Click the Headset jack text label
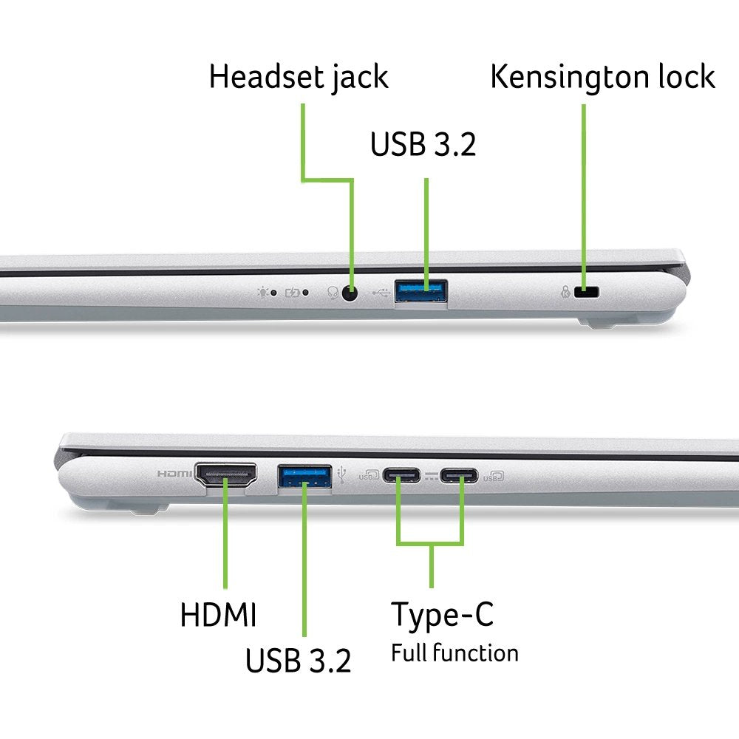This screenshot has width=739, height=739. pos(299,77)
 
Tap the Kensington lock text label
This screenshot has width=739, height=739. pos(603,77)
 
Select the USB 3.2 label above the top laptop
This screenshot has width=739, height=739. pos(423,144)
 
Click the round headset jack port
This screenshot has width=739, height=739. pos(349,293)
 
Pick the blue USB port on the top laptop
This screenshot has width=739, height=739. pos(421,290)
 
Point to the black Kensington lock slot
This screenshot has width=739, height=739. pos(586,292)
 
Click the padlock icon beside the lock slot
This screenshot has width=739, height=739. pos(565,292)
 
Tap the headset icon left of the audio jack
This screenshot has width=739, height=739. pos(333,293)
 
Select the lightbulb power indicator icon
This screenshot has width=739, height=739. pos(262,292)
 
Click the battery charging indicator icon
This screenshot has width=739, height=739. pos(292,293)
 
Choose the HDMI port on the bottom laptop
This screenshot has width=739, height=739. pos(225,475)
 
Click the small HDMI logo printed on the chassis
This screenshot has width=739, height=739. pos(174,473)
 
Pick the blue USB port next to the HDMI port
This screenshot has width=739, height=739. pos(304,476)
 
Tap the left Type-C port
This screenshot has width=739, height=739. pos(401,475)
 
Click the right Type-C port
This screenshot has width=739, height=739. pos(459,475)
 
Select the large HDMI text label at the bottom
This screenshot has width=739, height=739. pos(218,614)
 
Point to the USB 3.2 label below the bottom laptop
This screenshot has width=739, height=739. pos(299,660)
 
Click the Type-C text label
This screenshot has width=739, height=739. pos(442,615)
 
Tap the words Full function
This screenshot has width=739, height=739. pos(454,653)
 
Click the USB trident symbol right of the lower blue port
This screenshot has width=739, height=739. pos(341,474)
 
